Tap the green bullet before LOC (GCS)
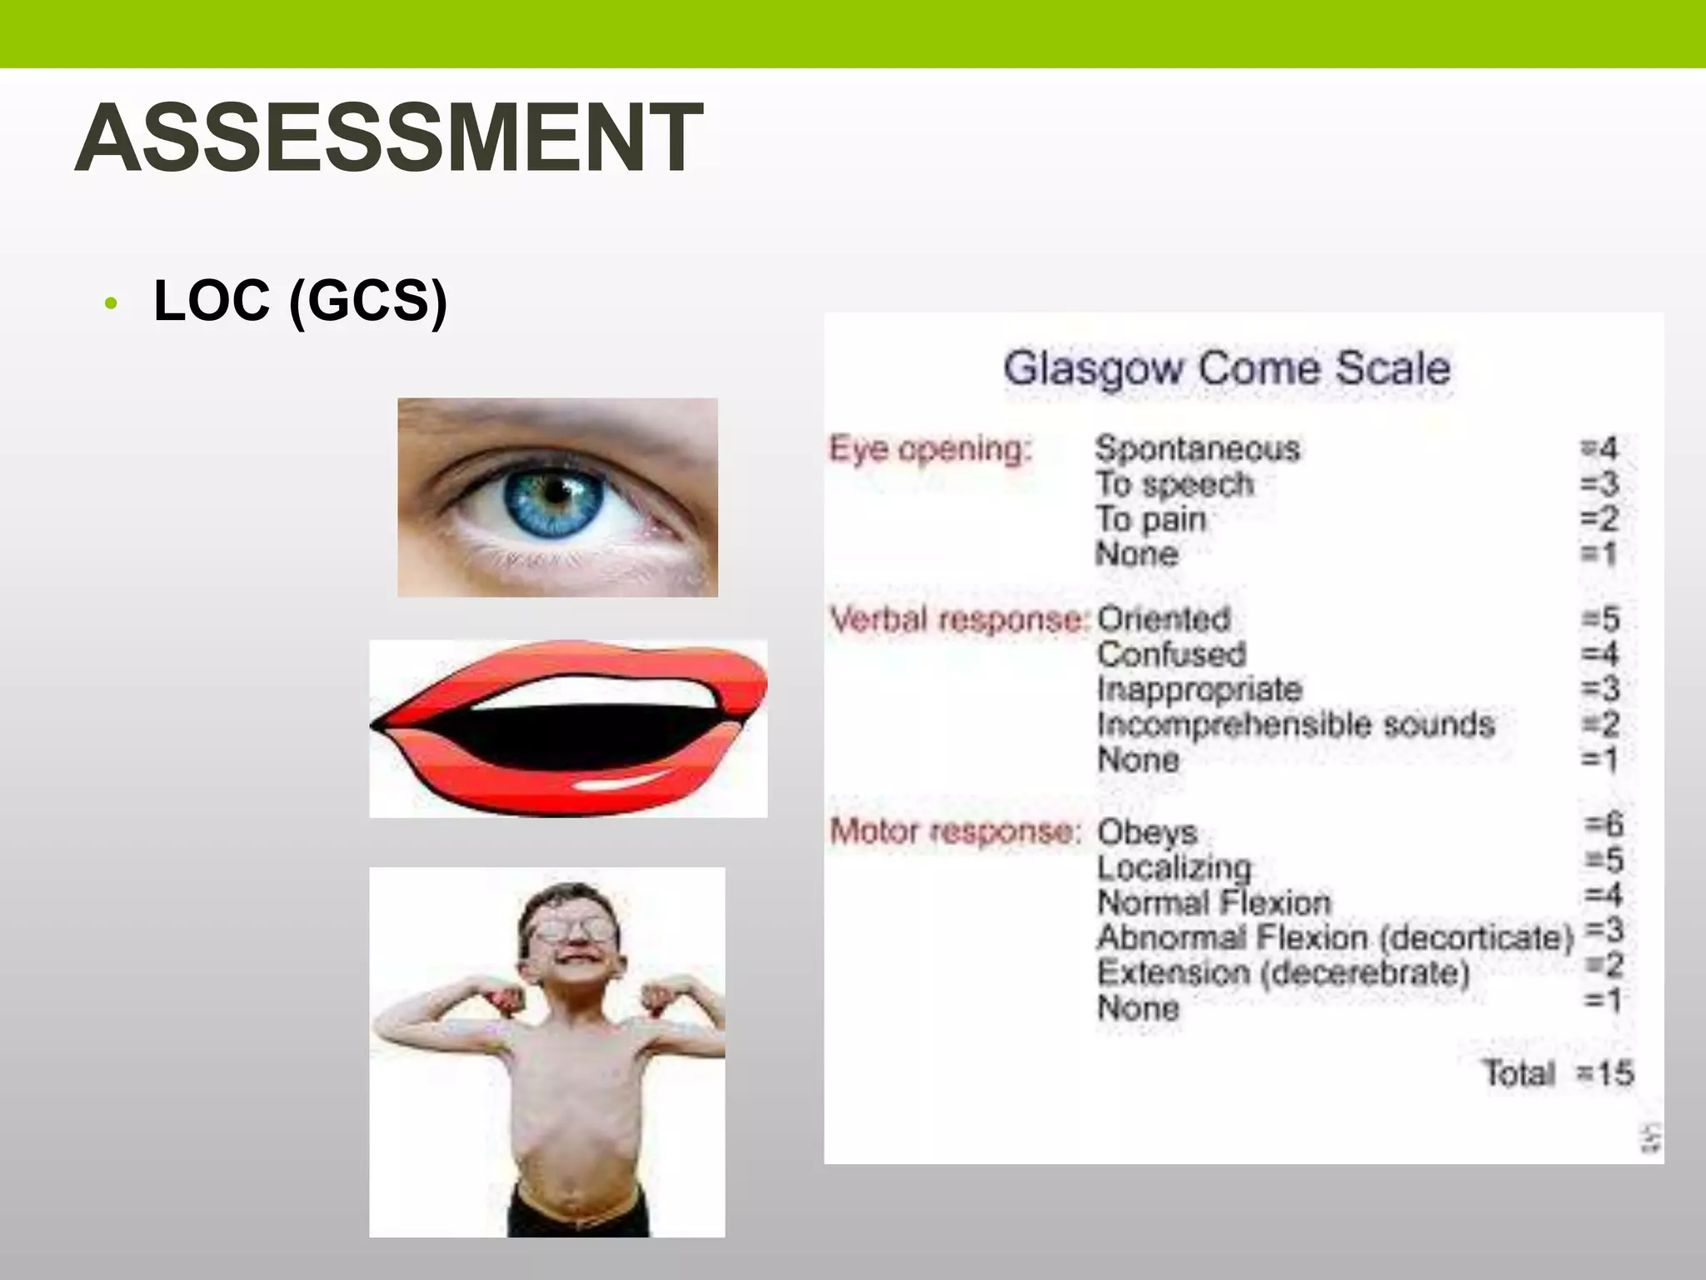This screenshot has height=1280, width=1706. tap(112, 303)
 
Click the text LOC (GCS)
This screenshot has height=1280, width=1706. tap(300, 300)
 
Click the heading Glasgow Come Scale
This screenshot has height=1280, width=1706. tap(1226, 368)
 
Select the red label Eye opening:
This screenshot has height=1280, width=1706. tap(930, 448)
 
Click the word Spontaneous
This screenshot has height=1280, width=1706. tap(1197, 449)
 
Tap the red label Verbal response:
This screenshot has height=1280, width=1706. tap(960, 619)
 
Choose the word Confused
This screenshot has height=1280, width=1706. tap(1171, 654)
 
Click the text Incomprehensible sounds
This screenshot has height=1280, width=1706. tap(1296, 724)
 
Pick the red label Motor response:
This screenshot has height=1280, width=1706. tap(955, 831)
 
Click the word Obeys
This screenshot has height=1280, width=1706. tap(1147, 832)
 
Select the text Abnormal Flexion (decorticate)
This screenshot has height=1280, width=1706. tap(1334, 937)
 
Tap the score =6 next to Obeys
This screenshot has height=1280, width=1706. tap(1604, 825)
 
